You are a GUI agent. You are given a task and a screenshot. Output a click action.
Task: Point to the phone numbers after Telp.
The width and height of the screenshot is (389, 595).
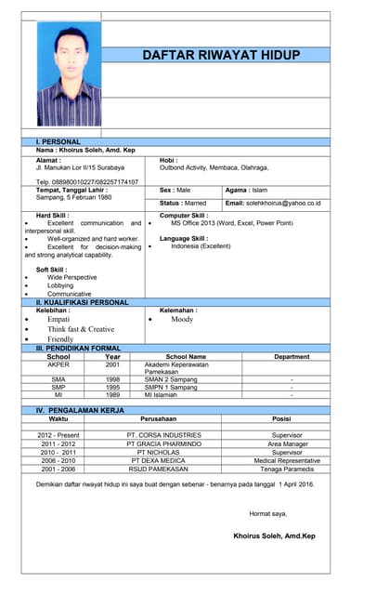95,181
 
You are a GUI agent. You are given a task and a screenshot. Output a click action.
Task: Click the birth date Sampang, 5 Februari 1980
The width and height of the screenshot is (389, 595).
73,197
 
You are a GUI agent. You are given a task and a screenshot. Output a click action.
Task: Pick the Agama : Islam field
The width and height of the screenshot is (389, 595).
247,189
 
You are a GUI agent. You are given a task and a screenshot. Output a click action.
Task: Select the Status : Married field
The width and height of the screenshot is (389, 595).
183,203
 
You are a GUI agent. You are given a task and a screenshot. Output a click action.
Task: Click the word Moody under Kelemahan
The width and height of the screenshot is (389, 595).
181,319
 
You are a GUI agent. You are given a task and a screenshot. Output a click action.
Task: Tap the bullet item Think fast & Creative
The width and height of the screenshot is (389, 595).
81,329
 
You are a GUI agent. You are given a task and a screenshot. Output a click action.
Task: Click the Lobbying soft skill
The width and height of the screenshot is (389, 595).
62,285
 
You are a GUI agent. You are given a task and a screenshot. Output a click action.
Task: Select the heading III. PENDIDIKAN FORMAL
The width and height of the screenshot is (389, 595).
78,347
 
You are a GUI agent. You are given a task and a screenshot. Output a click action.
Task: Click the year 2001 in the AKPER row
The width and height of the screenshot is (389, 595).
112,364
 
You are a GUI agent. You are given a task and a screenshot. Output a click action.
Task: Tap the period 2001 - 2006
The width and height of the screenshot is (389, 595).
58,469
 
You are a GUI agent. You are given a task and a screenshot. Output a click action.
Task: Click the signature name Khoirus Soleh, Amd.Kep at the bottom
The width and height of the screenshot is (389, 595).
274,535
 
